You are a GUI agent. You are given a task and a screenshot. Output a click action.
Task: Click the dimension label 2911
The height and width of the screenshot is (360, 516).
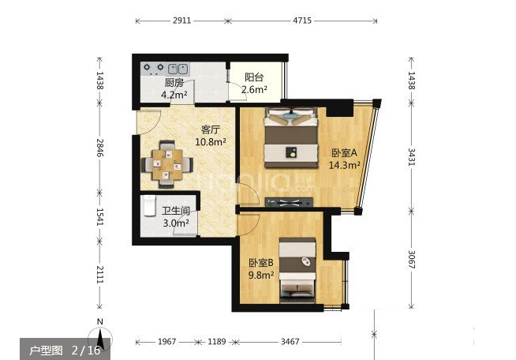tap(181, 21)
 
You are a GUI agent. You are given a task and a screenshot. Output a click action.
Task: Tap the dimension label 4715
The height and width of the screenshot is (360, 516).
tap(302, 21)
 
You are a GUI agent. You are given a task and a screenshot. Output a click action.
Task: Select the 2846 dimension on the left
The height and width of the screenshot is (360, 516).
tap(100, 148)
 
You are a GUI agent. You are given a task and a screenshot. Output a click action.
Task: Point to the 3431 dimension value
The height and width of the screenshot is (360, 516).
tap(411, 157)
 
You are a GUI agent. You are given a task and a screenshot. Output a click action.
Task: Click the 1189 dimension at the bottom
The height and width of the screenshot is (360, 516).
tap(216, 342)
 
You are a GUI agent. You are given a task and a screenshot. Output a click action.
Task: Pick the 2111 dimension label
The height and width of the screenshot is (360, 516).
tap(100, 275)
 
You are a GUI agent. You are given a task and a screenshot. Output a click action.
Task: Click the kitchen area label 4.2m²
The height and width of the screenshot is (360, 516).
tap(174, 96)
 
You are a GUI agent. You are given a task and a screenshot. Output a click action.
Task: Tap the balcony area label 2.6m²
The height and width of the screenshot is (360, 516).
tap(254, 89)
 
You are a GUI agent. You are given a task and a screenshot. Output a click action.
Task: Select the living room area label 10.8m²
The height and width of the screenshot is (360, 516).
tap(211, 142)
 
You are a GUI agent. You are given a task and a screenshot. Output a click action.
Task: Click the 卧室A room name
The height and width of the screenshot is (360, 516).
tap(344, 153)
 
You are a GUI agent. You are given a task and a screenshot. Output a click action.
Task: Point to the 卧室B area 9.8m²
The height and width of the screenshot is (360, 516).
tap(261, 275)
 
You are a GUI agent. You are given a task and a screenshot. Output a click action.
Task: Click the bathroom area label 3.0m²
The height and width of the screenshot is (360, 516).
tap(176, 223)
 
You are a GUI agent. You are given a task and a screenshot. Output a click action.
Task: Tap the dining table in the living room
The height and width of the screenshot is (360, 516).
tap(167, 164)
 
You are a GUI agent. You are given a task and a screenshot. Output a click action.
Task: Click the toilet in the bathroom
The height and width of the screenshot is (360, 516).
tap(149, 205)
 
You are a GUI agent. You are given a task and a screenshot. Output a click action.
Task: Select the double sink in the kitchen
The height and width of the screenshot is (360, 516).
tap(178, 69)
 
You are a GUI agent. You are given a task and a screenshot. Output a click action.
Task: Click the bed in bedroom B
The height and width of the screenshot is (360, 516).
tap(297, 270)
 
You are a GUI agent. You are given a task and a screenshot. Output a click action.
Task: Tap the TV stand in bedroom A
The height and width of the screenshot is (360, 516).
tap(289, 202)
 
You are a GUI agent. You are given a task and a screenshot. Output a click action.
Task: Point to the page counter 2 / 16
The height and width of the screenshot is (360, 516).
tap(86, 350)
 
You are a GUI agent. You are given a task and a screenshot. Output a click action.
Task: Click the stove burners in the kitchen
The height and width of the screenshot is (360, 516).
tap(154, 68)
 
